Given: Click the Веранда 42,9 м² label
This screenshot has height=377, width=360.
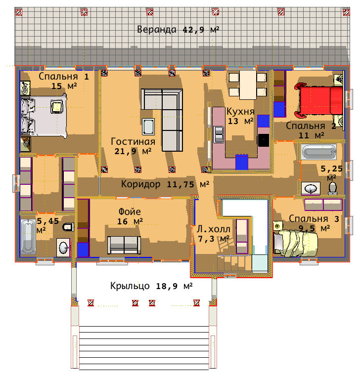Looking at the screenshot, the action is (x=178, y=30).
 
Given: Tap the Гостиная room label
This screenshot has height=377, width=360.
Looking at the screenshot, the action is (x=133, y=141).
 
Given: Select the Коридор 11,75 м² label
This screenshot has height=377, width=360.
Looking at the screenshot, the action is (x=165, y=184).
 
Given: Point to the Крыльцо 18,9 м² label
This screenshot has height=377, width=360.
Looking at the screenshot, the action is (x=151, y=286).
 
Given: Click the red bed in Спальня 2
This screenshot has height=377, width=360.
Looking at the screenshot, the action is (x=319, y=100).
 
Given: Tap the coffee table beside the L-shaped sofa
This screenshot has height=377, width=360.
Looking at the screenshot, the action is (x=148, y=126).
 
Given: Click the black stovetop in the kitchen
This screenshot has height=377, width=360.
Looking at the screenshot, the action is (x=264, y=140).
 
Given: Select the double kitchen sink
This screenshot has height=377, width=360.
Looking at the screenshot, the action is (x=219, y=134).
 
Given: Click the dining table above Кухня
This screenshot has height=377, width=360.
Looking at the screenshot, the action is (x=248, y=84).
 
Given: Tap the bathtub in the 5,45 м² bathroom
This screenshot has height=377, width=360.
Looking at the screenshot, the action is (x=28, y=236).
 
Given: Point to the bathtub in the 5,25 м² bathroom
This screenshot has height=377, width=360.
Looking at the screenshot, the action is (x=319, y=152).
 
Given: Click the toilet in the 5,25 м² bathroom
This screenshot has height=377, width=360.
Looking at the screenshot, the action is (x=332, y=189).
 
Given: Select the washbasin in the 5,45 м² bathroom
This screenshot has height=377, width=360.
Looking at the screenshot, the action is (x=63, y=248).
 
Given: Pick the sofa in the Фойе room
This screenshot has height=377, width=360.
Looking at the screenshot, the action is (x=124, y=245).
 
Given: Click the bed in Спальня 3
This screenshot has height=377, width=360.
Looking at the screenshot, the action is (x=295, y=243).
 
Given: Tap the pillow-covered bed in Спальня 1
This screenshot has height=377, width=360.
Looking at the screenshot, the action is (x=44, y=116).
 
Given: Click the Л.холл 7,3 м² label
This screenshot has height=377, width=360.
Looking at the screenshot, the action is (x=213, y=234).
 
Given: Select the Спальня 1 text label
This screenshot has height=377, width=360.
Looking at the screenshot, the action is (x=64, y=77).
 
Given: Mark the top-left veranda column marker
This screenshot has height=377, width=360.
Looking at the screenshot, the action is (x=19, y=12).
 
